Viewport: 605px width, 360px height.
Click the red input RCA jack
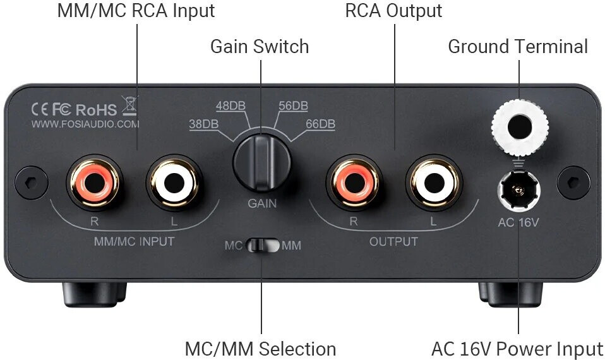[92, 184]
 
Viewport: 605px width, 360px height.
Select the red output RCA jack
[352, 183]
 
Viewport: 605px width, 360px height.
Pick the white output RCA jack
[432, 183]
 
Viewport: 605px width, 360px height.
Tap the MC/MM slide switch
[261, 245]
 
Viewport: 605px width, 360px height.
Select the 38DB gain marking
[203, 124]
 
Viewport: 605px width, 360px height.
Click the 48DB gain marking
[231, 105]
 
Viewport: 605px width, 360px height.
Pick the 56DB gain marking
[293, 105]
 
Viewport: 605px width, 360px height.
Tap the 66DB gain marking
[320, 124]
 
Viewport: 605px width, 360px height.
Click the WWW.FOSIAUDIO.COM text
[85, 124]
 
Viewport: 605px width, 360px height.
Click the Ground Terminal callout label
[518, 46]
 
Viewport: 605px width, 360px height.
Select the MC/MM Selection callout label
[260, 349]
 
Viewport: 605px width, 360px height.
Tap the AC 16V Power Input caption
[517, 349]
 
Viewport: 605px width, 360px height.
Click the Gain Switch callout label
[260, 46]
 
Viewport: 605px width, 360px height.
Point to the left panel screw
[27, 181]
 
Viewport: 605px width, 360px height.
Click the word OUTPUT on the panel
[393, 241]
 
